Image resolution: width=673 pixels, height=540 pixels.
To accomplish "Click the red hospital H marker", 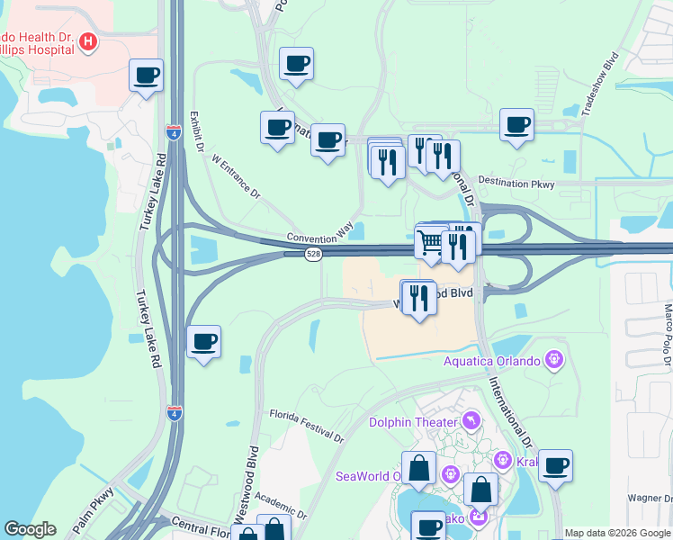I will click(x=88, y=41).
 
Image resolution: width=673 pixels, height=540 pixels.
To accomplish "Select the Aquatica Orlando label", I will click(x=491, y=362).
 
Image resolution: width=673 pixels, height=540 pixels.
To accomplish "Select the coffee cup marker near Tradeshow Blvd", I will click(x=516, y=124).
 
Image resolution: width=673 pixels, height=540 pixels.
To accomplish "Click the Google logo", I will click(x=30, y=529).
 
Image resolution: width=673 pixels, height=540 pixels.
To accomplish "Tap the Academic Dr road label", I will click(x=282, y=504).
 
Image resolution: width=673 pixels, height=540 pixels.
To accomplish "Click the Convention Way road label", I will click(x=319, y=235).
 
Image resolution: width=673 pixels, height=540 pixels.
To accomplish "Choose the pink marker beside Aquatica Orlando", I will click(x=554, y=361).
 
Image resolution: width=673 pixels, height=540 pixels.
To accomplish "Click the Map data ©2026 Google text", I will click(x=617, y=533).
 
